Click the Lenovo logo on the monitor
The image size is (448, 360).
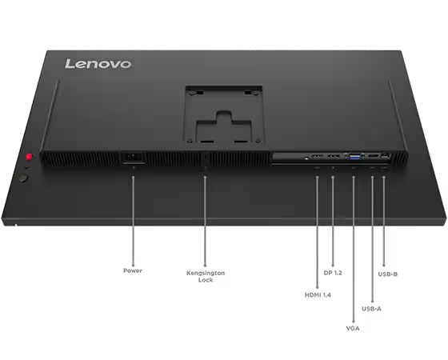(98, 64)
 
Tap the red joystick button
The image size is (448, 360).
(29, 157)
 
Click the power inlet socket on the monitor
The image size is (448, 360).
(134, 158)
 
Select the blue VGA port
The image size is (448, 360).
(355, 157)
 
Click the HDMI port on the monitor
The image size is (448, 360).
(317, 156)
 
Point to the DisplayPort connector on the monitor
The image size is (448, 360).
(333, 156)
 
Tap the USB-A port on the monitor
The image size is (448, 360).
(372, 156)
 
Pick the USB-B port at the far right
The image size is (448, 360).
(385, 155)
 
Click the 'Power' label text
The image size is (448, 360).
(133, 270)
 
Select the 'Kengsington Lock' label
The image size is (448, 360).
(206, 277)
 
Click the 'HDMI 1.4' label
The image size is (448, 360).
(318, 295)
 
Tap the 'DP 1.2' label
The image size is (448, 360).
(333, 273)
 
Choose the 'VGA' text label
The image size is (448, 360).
(353, 328)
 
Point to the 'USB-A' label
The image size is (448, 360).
(371, 309)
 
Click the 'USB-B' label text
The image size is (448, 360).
(388, 274)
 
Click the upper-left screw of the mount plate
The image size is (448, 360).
(192, 93)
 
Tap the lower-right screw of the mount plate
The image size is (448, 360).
(258, 141)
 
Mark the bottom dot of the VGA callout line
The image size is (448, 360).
(354, 322)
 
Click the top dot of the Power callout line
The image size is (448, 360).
(133, 178)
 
